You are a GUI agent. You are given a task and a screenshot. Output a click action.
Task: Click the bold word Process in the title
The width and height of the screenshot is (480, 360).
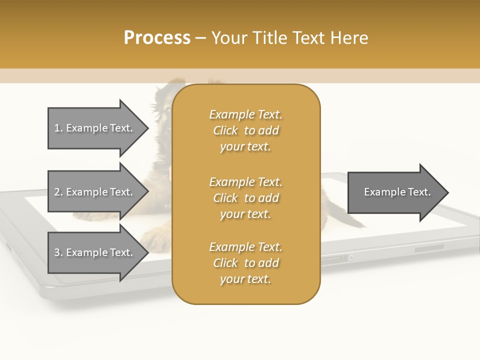(x=157, y=38)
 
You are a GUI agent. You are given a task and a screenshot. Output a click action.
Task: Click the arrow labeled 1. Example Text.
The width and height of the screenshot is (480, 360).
(x=95, y=128)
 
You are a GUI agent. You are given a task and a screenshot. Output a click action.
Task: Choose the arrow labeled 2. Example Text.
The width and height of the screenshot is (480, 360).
(x=95, y=192)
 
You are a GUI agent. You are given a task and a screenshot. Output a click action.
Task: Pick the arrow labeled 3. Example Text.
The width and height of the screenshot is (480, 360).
(x=95, y=252)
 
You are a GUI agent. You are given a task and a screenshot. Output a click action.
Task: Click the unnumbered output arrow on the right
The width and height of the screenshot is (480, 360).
(x=395, y=192)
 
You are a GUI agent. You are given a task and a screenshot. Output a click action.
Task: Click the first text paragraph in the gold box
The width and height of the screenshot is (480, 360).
(x=245, y=130)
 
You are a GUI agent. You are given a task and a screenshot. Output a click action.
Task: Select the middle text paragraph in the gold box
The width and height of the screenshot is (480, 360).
(x=245, y=198)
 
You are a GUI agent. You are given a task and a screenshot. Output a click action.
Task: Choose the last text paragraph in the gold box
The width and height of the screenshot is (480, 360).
(x=245, y=263)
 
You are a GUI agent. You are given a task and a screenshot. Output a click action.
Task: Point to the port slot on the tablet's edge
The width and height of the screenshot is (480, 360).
(x=332, y=257)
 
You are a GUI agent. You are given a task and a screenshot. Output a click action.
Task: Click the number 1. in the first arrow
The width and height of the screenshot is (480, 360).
(x=58, y=128)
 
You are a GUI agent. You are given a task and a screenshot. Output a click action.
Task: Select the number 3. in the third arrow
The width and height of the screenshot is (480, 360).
(x=58, y=252)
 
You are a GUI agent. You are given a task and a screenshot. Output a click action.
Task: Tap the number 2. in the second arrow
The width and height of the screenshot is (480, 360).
(x=58, y=192)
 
